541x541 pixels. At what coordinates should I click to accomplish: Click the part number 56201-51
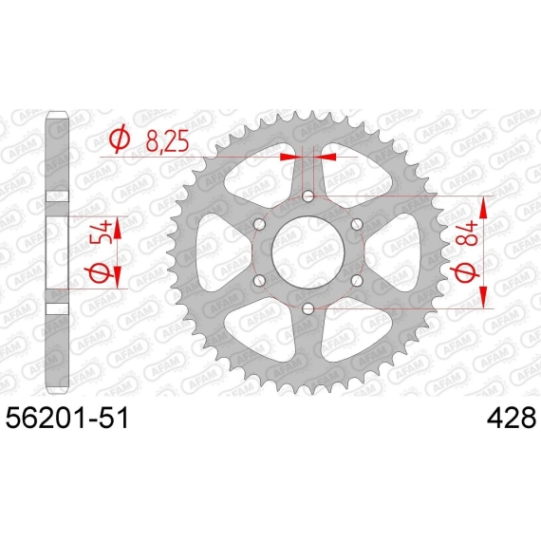click(67, 418)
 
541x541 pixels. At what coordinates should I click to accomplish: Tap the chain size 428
click(512, 418)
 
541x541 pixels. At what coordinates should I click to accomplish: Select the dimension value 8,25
click(168, 141)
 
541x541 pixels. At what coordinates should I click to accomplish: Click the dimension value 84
click(468, 233)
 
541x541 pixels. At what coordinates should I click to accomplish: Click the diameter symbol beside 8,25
click(120, 140)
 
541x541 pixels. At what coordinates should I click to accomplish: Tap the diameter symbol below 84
click(468, 270)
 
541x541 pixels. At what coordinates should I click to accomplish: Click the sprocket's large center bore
click(308, 252)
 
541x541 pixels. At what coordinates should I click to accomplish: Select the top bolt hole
click(308, 196)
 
